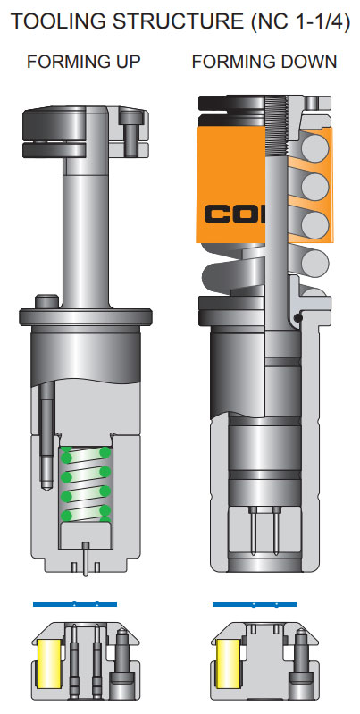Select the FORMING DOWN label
click(264, 63)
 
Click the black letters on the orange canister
click(229, 214)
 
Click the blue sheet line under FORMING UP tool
click(74, 605)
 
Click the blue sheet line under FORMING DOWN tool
click(255, 605)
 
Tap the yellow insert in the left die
click(48, 665)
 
